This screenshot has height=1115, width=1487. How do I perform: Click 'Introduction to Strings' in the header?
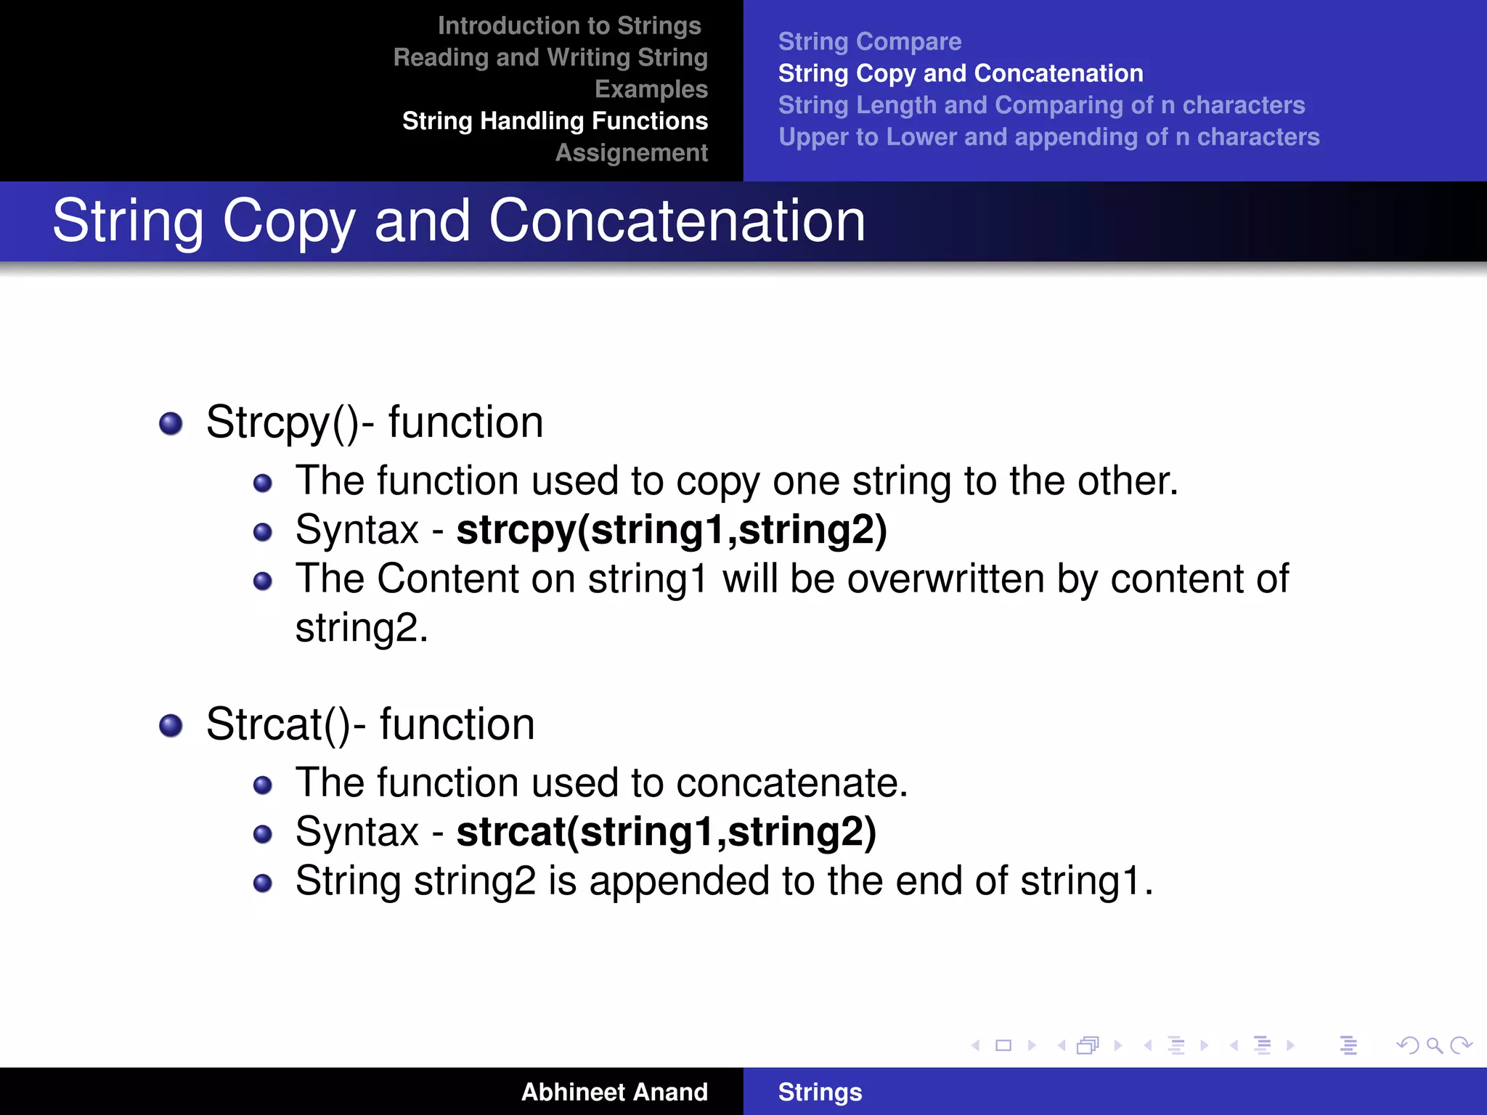569,26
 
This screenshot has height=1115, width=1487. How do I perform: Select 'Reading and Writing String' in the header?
550,58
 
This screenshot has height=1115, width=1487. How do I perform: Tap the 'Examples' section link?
651,89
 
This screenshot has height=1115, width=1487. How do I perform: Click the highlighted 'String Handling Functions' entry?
555,121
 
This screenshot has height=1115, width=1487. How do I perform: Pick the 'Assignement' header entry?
631,153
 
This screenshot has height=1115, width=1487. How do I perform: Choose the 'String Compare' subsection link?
869,42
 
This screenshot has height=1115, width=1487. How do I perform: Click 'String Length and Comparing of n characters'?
1041,105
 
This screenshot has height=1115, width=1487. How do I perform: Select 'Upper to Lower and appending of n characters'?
1048,137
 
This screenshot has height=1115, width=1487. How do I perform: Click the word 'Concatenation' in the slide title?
677,221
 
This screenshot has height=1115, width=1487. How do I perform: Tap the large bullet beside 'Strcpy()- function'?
171,423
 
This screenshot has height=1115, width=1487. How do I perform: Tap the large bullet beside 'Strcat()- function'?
171,725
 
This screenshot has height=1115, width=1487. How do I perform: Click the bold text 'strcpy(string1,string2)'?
671,530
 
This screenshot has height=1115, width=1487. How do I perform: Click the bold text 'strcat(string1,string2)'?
666,832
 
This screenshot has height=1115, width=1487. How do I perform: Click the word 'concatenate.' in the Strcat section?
791,783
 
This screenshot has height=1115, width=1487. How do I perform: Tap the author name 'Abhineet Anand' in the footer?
614,1092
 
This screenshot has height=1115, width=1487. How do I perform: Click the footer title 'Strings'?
820,1092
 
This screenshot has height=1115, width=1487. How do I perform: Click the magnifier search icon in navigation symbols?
1434,1045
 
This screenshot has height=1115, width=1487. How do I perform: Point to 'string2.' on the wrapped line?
361,629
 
